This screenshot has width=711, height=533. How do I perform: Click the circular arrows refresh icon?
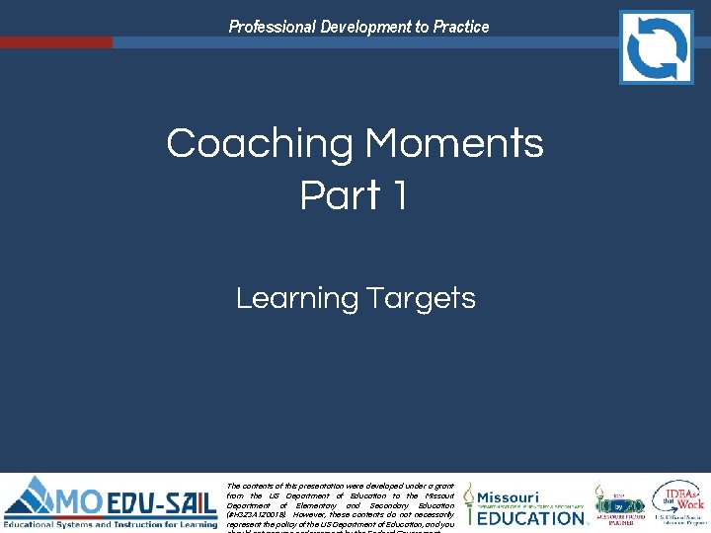(x=656, y=46)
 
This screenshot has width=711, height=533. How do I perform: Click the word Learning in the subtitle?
(x=296, y=298)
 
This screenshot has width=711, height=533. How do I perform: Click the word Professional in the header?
(x=272, y=27)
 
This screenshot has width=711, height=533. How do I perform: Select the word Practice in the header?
(x=459, y=27)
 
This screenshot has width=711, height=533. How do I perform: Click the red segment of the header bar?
(x=56, y=42)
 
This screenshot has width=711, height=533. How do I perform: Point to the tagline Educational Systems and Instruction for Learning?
(x=111, y=523)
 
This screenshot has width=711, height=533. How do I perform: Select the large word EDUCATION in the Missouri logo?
(x=531, y=517)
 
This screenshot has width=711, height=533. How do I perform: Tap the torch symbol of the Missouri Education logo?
(x=469, y=503)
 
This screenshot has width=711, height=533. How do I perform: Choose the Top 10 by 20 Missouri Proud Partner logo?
(x=619, y=503)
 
